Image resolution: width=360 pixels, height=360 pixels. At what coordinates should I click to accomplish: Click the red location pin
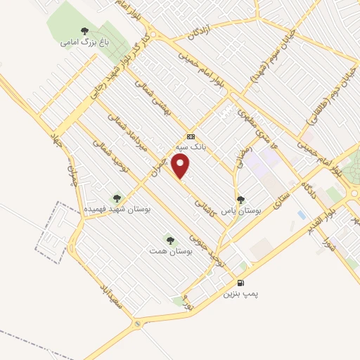pos(181,167)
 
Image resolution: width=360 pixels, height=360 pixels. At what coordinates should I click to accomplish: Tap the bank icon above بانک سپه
pos(191,136)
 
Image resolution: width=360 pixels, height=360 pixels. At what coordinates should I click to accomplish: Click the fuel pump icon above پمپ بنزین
pos(241,283)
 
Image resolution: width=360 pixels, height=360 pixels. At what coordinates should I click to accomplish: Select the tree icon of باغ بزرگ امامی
pos(84,31)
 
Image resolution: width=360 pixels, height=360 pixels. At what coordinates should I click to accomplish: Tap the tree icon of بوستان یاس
pos(241,200)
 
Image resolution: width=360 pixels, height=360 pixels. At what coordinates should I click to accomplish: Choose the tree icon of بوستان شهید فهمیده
pos(117,199)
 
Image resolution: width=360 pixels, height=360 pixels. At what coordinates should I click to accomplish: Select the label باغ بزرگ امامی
pos(77,42)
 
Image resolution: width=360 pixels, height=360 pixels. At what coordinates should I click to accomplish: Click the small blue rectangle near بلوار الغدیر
pos(302,214)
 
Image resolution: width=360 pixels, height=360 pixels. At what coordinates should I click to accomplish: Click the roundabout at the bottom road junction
pos(137,324)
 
